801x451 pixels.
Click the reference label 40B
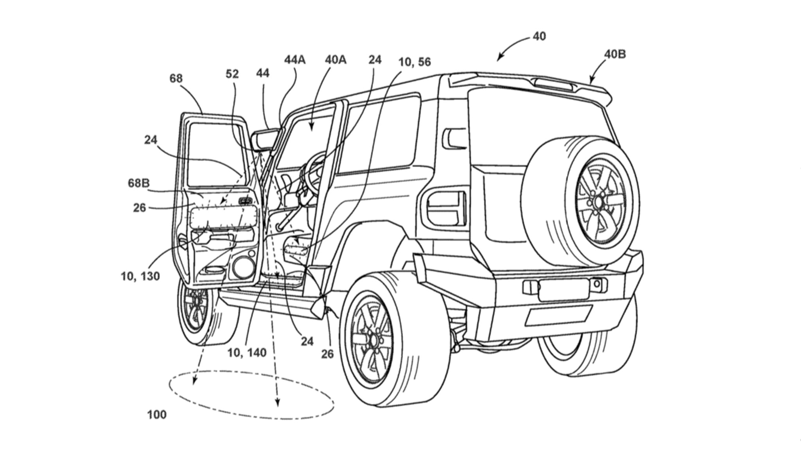point(615,54)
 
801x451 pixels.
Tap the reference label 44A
point(295,60)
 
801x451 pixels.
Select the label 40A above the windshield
point(335,60)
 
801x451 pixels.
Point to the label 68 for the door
point(176,79)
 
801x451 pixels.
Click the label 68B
point(138,183)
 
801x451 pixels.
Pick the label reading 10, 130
point(140,276)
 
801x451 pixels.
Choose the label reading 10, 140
point(247,352)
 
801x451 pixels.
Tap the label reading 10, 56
point(415,62)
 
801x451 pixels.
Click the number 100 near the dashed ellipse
point(157,414)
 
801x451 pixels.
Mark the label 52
point(232,74)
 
